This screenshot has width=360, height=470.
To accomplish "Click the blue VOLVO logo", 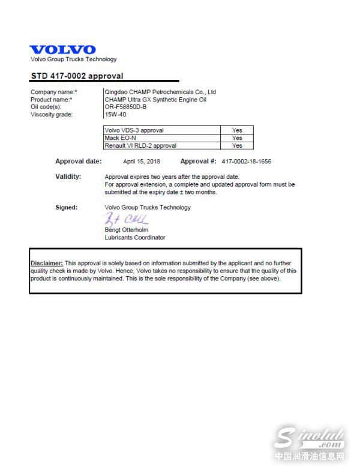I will tap(62, 50).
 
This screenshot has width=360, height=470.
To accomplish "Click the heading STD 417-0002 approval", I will tap(77, 76).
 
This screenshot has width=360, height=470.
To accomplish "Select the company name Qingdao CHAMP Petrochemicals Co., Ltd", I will tap(160, 92).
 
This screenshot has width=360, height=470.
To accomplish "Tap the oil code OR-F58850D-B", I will tap(125, 107).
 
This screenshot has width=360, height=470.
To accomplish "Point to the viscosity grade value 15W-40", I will tap(115, 114).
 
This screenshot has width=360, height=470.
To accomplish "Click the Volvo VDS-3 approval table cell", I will tap(134, 130).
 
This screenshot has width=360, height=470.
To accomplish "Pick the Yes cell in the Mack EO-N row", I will tap(237, 138).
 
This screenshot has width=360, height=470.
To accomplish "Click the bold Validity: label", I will tap(68, 176).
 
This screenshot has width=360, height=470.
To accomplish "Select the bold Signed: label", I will tap(66, 208).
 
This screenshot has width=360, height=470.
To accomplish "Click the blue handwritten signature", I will tap(126, 219).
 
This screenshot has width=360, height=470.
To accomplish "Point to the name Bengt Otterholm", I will tap(127, 230).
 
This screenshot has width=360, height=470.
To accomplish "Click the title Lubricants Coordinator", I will tap(135, 238).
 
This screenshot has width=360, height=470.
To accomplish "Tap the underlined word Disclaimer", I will tap(47, 264).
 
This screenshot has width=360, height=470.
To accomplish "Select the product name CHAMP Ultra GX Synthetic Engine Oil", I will tap(155, 100).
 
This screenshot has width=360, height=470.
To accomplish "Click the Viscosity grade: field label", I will tap(51, 114).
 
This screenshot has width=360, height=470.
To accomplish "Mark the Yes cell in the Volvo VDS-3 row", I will tap(237, 130).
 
